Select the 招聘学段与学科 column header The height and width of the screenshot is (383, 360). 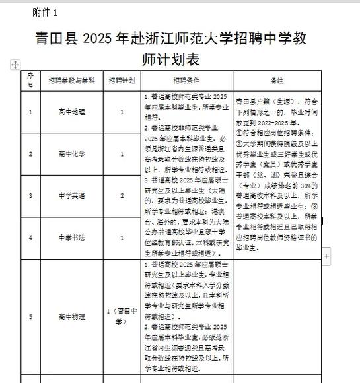[72, 80]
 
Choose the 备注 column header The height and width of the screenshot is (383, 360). [277, 80]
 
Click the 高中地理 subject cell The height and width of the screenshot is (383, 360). [72, 112]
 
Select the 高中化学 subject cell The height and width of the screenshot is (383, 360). [72, 153]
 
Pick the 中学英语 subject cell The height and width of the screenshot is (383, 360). [72, 196]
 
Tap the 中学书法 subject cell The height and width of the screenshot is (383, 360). [72, 238]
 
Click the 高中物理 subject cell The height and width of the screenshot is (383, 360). [72, 316]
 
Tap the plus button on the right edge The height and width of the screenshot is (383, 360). [326, 256]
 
